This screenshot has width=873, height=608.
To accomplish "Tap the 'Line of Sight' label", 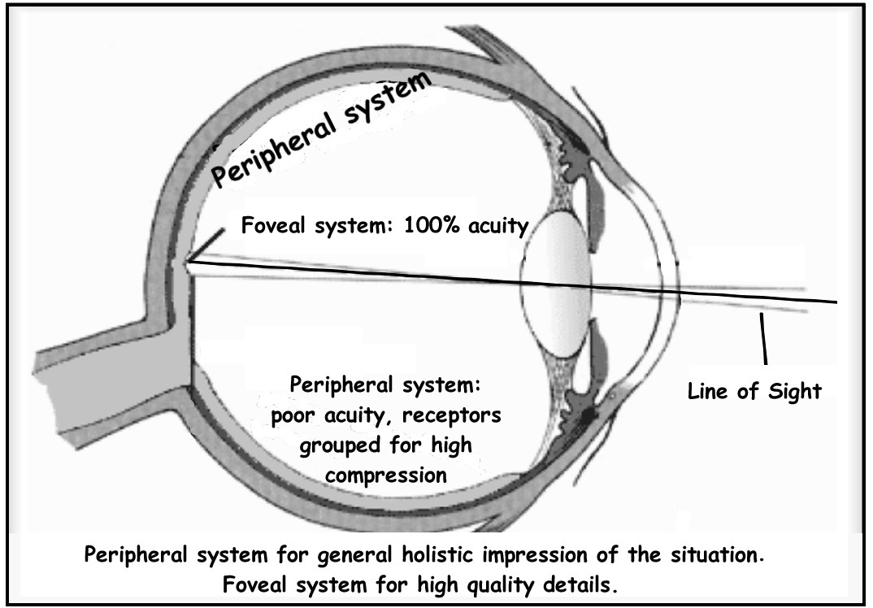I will click(752, 391).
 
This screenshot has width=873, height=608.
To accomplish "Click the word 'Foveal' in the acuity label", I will click(276, 225).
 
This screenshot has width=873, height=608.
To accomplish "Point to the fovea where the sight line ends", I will click(187, 262).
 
